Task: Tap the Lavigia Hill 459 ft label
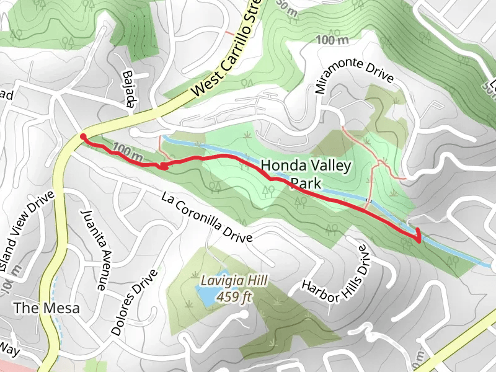point(234,289)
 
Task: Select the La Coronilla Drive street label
point(206,217)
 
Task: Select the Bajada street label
point(128,89)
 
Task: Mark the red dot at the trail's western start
point(83,137)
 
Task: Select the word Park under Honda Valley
point(308,184)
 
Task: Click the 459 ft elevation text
point(234,297)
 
